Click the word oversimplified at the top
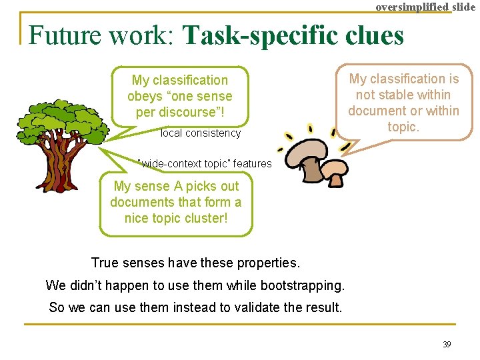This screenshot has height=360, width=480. click(x=413, y=7)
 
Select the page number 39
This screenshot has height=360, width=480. click(x=447, y=345)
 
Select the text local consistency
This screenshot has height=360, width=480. click(x=201, y=133)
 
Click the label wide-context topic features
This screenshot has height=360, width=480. click(x=205, y=163)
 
